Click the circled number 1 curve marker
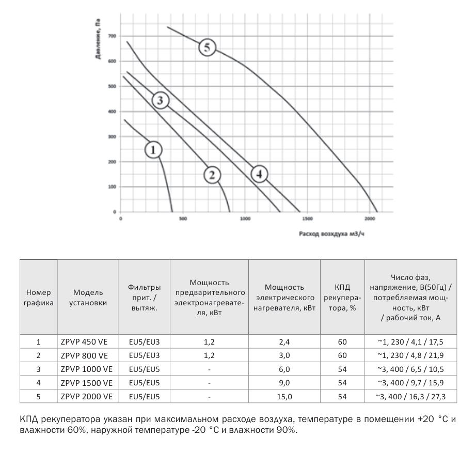[153, 150]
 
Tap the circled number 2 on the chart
[212, 175]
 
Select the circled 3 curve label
[160, 100]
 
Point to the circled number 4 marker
[260, 174]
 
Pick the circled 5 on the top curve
[207, 48]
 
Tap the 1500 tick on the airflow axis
[307, 219]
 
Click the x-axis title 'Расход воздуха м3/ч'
[328, 233]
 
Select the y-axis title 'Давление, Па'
[98, 39]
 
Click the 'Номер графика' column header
[39, 298]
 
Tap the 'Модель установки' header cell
[88, 298]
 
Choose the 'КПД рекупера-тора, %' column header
[342, 298]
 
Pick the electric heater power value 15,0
[284, 397]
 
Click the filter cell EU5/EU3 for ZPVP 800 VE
[145, 356]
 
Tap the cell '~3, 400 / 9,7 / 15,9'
[410, 383]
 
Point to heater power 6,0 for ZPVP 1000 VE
[284, 369]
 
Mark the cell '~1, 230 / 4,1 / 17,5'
[410, 342]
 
